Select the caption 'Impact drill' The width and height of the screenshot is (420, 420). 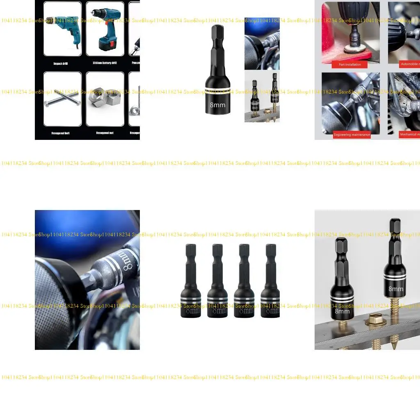point(60,64)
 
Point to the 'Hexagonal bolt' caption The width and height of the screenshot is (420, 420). point(60,133)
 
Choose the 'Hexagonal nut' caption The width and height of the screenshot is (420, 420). point(105,133)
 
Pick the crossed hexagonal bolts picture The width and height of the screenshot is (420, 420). point(62,99)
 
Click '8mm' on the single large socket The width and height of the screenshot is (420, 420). point(217,105)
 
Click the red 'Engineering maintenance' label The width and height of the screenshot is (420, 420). point(352,135)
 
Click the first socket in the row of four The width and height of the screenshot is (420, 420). point(190,283)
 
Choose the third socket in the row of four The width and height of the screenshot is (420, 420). point(244,283)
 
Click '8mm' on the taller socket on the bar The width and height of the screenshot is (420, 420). point(396,289)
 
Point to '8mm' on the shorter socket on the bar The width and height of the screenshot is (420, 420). point(342,311)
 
